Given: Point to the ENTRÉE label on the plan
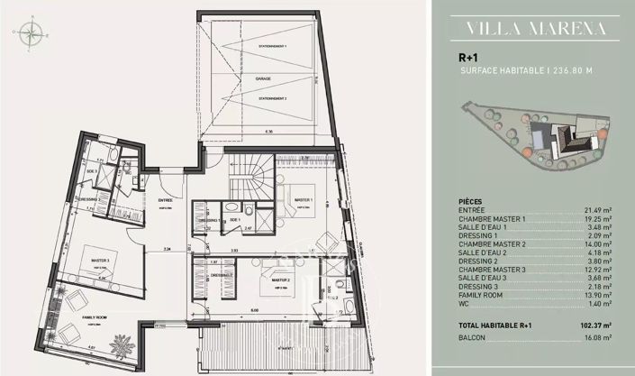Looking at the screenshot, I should tap(165, 200).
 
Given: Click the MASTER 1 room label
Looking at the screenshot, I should tap(303, 199).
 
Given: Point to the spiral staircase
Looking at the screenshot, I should tap(249, 176).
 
